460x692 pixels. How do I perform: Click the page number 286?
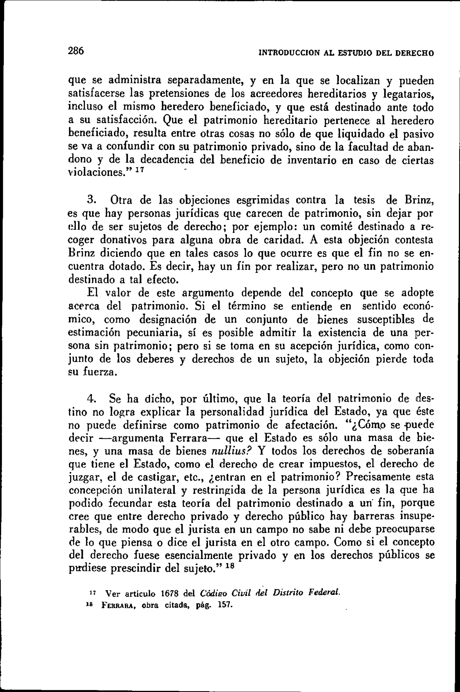tap(76, 51)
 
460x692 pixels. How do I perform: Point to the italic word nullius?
tap(231, 451)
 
